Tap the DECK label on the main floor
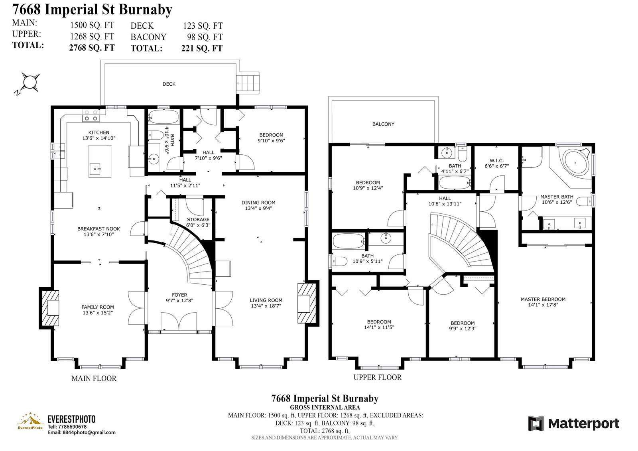169,84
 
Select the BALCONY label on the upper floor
383,124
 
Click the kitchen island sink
96,169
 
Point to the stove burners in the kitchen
91,116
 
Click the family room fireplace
49,308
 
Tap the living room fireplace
308,303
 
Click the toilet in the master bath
586,201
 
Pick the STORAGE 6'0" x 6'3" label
199,222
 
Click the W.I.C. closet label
497,161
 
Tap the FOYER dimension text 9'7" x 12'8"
179,301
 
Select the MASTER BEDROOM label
543,299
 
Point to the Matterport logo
574,423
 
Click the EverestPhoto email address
81,433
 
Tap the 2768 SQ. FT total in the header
92,47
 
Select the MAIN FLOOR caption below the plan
94,378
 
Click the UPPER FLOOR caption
378,377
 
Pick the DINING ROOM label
258,203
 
